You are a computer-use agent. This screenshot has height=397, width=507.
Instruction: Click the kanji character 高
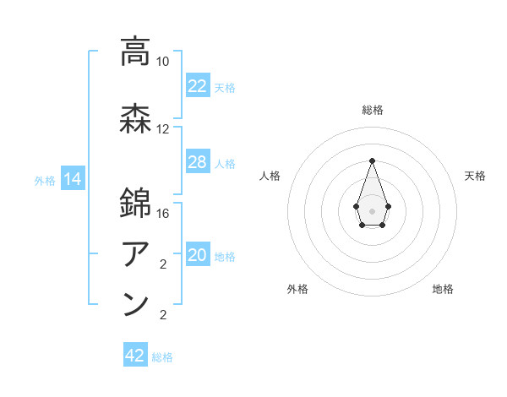tap(136, 52)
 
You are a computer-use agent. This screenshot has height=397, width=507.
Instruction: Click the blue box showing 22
tap(197, 85)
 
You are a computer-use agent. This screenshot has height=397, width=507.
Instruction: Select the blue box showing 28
tap(197, 162)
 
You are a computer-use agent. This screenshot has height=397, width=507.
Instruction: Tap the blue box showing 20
tap(197, 255)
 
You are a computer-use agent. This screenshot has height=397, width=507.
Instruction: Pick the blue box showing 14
tap(72, 179)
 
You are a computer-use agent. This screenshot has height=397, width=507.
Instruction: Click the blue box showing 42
tap(134, 356)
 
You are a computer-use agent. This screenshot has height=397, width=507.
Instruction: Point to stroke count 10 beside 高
tap(163, 62)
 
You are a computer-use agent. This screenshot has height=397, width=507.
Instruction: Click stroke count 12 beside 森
tap(163, 129)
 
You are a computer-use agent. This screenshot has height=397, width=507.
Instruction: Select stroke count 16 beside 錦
tap(163, 214)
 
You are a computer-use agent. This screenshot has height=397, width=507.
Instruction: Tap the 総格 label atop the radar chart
tap(372, 110)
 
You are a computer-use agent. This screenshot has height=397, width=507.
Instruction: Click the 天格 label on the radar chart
tap(475, 176)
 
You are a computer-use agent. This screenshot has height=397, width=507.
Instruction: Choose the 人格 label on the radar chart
tap(270, 176)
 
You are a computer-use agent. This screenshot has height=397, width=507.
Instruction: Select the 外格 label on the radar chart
tap(297, 290)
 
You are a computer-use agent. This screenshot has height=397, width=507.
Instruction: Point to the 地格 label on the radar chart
tap(443, 290)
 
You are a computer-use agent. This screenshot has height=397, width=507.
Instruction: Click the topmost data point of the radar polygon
tap(372, 160)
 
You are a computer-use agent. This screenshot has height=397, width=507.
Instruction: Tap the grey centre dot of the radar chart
tap(372, 209)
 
